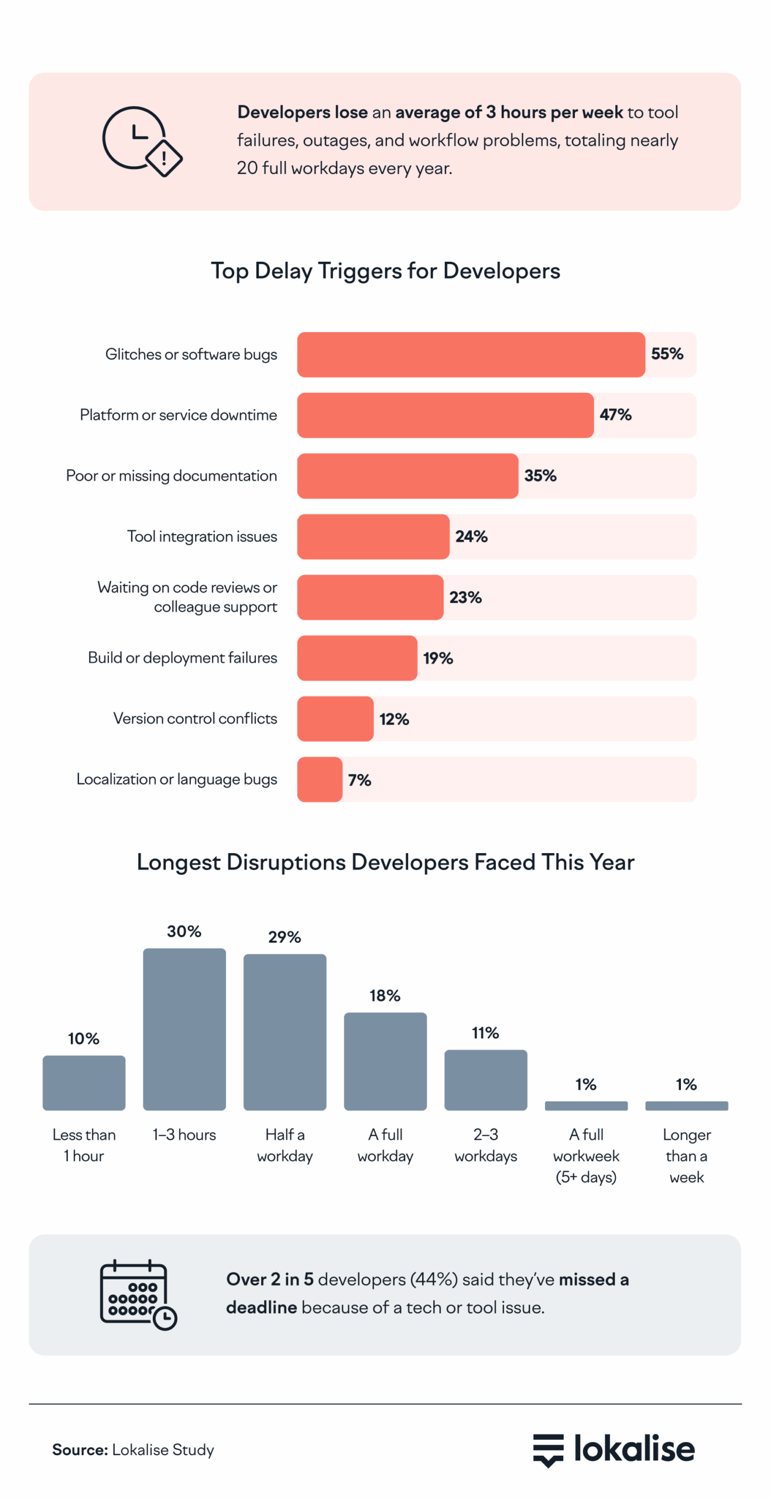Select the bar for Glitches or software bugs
click(x=470, y=354)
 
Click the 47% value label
click(x=615, y=415)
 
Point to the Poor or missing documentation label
click(x=171, y=475)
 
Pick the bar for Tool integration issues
click(x=373, y=536)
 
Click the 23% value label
click(x=465, y=597)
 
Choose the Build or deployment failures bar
click(x=357, y=658)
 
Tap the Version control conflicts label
click(x=195, y=718)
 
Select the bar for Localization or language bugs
click(x=319, y=779)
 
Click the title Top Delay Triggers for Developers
click(x=385, y=271)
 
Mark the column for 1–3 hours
click(x=184, y=1028)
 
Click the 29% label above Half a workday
click(x=285, y=937)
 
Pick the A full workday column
click(x=385, y=1060)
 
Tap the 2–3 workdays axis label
click(x=485, y=1144)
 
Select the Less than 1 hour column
click(x=84, y=1082)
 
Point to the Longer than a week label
click(x=686, y=1155)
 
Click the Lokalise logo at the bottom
click(x=613, y=1449)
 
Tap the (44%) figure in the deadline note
click(x=433, y=1279)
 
